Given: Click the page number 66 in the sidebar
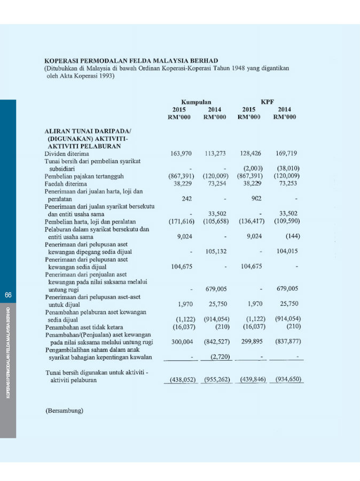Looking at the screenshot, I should click(8, 295).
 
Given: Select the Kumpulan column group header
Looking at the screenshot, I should click(196, 102).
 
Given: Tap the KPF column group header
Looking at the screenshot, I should click(267, 102).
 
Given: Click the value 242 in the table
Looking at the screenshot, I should click(187, 198).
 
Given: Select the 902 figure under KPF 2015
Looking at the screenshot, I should click(256, 198).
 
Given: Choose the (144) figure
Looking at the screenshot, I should click(292, 236).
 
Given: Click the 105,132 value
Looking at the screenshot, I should click(216, 251).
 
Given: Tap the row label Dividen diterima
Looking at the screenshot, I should click(67, 153).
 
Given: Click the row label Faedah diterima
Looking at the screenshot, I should click(66, 183).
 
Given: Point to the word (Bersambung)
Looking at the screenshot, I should click(64, 411).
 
